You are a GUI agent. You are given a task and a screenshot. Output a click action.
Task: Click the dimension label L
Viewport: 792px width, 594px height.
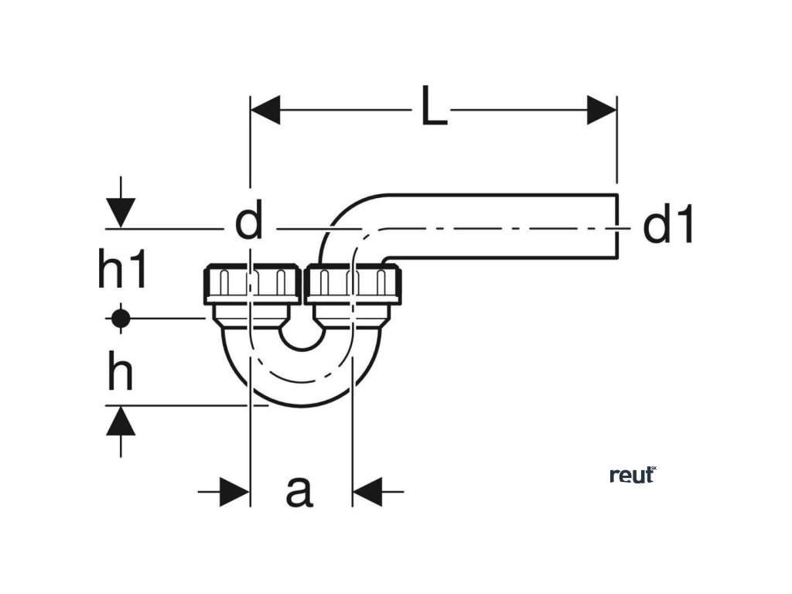tap(435, 108)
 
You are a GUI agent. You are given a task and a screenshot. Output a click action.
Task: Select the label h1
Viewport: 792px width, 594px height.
tap(122, 271)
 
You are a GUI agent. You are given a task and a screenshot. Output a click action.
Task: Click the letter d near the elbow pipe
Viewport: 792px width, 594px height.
tap(249, 223)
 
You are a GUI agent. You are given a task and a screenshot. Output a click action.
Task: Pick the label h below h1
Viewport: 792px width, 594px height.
tap(120, 374)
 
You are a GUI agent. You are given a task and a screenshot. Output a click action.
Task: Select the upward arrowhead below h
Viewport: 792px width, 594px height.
tap(120, 422)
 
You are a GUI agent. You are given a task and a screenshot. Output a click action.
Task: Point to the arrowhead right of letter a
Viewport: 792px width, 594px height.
tap(368, 491)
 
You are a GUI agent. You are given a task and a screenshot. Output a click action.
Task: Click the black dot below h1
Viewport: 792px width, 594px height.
tap(119, 317)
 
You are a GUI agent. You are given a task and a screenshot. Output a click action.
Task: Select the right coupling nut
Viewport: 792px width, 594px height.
tap(353, 284)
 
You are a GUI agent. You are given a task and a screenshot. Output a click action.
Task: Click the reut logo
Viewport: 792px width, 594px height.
tap(632, 475)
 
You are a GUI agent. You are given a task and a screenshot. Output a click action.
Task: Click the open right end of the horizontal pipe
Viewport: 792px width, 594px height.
tap(617, 226)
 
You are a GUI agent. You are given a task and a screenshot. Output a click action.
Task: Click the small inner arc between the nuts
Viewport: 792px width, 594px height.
tap(301, 340)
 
